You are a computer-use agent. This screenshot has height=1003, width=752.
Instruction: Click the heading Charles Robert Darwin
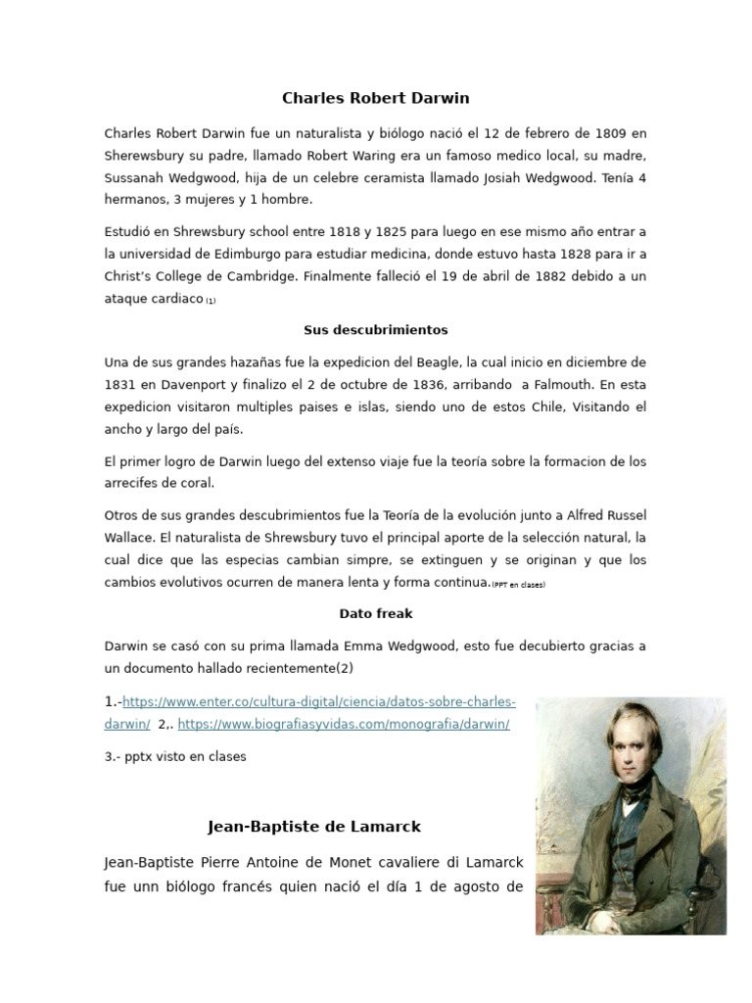click(x=376, y=98)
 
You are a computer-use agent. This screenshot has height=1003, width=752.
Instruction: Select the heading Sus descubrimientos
click(x=376, y=330)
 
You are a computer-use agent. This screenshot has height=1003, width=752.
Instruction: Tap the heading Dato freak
click(x=376, y=614)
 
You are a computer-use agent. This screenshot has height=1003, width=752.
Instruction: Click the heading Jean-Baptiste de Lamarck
click(x=314, y=827)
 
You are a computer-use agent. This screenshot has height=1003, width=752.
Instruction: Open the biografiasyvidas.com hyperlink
click(x=344, y=724)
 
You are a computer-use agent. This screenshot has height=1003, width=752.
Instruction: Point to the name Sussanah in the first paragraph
click(x=136, y=178)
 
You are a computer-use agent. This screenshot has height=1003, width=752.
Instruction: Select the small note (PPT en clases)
click(x=518, y=585)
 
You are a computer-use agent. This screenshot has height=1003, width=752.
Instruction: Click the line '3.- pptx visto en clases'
click(x=175, y=756)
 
